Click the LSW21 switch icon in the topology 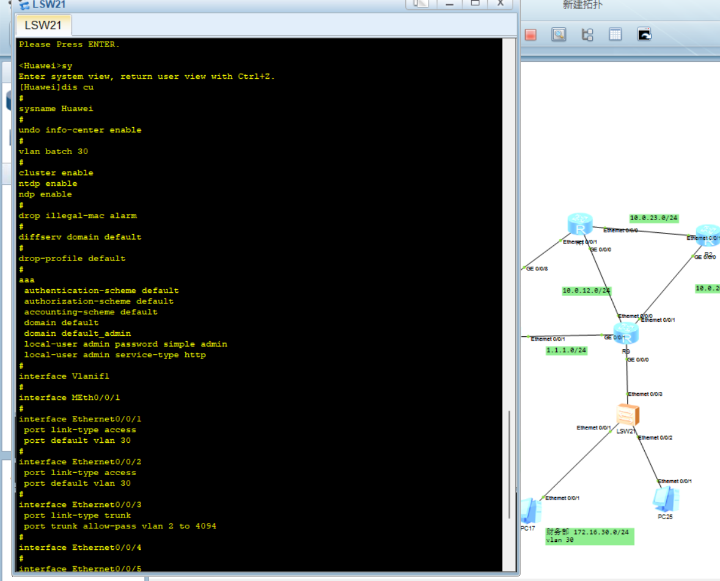click(x=628, y=415)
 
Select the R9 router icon click(x=626, y=334)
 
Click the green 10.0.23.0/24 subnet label click(x=654, y=218)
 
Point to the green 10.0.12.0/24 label click(x=587, y=291)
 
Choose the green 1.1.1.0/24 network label click(x=566, y=350)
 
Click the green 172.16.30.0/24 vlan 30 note click(x=589, y=536)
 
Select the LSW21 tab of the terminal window click(x=43, y=26)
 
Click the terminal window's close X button click(x=500, y=3)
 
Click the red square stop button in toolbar click(x=530, y=35)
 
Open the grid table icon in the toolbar click(x=615, y=34)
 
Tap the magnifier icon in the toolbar click(x=559, y=34)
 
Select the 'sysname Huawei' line click(x=56, y=108)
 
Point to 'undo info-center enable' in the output click(x=80, y=130)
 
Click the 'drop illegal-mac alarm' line click(x=78, y=215)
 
